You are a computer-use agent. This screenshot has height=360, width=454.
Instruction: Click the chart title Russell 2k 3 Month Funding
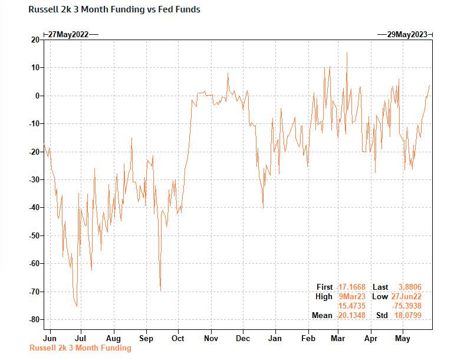tap(114, 9)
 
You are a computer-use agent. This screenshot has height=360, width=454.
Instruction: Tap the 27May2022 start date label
tap(68, 34)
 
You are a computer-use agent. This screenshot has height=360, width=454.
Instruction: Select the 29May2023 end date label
tap(406, 34)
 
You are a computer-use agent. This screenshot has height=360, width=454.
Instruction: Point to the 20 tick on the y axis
tap(35, 40)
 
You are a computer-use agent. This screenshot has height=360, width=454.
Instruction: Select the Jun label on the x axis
tap(50, 338)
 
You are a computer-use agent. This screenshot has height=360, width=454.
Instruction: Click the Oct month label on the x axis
tap(177, 338)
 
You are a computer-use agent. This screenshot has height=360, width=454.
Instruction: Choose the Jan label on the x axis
tap(275, 338)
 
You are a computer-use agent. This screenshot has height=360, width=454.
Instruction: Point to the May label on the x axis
tap(402, 338)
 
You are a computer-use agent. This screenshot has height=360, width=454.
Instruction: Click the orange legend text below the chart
tap(80, 348)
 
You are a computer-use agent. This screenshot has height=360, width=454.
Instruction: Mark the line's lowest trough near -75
tap(77, 306)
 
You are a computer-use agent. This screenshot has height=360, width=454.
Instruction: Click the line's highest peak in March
tap(347, 53)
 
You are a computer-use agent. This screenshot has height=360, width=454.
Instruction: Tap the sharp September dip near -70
tap(160, 290)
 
